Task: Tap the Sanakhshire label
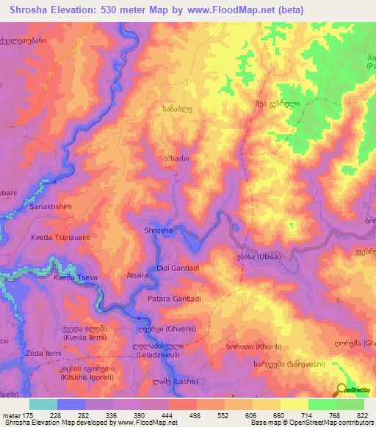coord(52,208)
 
